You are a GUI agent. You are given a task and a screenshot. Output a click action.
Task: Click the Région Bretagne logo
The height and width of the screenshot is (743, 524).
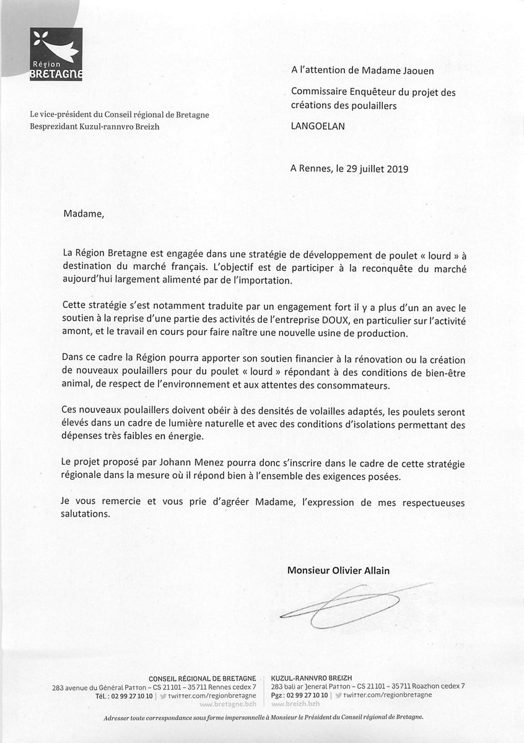click(56, 54)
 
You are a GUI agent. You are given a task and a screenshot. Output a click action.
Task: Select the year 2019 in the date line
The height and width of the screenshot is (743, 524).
click(395, 168)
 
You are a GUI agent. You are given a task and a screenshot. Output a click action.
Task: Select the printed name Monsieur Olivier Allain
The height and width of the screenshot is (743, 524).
click(338, 570)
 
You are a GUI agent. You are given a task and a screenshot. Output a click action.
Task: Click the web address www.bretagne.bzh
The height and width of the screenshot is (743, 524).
click(227, 704)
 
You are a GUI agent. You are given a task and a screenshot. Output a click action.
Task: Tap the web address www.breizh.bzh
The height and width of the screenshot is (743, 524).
click(295, 704)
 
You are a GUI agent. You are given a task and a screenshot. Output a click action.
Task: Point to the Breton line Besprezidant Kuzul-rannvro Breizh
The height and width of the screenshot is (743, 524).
click(97, 126)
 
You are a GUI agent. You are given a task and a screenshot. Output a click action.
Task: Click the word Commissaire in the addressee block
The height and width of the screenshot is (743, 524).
click(319, 92)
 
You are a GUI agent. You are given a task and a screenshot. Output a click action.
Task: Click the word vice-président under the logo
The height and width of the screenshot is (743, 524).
click(68, 115)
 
